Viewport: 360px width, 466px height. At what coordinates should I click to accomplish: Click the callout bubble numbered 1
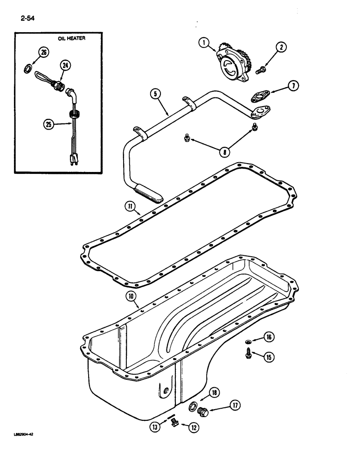click(202, 44)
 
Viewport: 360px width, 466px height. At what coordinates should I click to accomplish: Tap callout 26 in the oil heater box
click(43, 53)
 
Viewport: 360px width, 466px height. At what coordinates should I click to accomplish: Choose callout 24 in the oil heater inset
click(66, 66)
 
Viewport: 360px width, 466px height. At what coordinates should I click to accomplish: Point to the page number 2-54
click(28, 19)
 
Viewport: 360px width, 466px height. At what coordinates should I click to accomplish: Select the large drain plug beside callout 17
click(203, 412)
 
